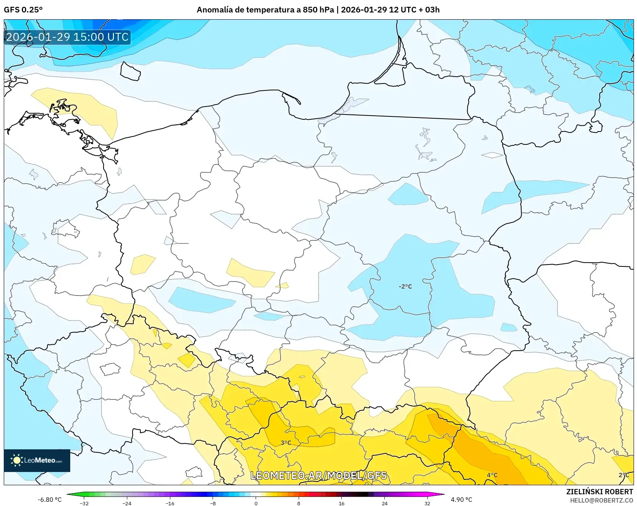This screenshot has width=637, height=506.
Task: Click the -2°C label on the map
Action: coord(405,286)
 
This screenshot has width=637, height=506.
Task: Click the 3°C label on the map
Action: coord(286,443)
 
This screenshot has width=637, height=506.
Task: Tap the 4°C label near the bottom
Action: coord(492,475)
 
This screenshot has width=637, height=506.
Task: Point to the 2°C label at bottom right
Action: coord(624,475)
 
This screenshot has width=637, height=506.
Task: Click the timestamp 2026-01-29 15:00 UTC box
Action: coord(67,37)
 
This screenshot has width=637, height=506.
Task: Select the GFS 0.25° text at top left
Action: coord(23,9)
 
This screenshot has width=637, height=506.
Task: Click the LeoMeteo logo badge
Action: coord(37,460)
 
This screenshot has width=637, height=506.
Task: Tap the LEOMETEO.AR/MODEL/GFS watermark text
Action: coord(319,475)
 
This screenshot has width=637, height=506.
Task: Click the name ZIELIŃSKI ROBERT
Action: coord(600,492)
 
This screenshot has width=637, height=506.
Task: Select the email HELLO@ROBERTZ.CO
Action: coord(602,500)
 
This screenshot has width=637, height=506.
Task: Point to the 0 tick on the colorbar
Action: coord(256,503)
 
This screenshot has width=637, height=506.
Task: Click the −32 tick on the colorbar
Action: coord(84,503)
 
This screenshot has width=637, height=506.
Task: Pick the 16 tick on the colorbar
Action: coord(342,503)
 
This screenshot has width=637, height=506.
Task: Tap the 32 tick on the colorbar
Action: coord(427,503)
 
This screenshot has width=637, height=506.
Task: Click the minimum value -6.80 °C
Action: coord(49,500)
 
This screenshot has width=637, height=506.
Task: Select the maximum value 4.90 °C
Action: coord(461,500)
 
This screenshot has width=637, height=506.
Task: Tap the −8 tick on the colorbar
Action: coord(213,503)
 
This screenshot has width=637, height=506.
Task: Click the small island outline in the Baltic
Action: coord(130,71)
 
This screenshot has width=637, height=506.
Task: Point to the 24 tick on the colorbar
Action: coord(384,503)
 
